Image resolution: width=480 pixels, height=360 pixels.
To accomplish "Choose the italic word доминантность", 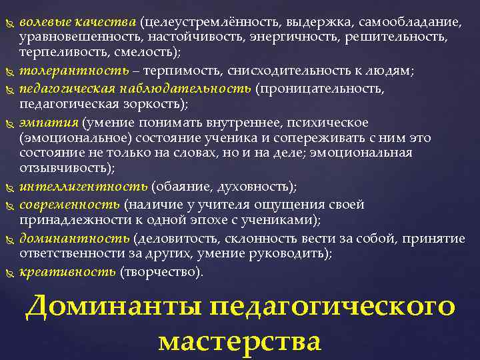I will (x=75, y=238).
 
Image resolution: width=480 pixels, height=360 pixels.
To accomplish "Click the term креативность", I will (x=67, y=271).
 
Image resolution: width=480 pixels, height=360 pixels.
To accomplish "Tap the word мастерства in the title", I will (x=240, y=341).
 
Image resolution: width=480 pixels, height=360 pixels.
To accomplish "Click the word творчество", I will (x=159, y=271).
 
